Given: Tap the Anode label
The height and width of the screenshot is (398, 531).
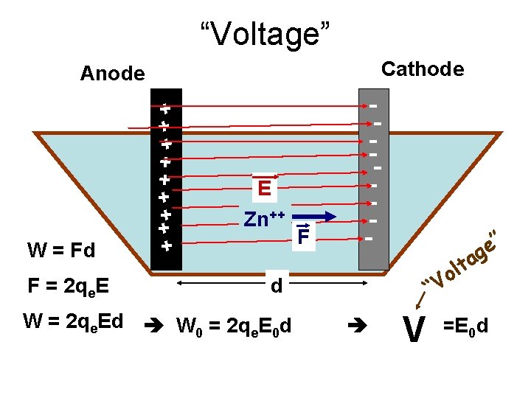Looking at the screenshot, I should pos(112,74).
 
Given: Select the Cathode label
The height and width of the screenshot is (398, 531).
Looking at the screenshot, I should pos(423,69).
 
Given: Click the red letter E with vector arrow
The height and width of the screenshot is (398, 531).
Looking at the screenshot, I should pos(264,189).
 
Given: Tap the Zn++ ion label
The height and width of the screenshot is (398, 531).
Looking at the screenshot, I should pos(264,219).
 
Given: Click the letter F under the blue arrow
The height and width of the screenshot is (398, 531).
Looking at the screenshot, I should pos(301,237).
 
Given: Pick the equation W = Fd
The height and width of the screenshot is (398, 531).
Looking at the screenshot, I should pos(61,251).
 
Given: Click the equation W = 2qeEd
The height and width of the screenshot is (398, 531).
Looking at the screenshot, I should pos(73,321).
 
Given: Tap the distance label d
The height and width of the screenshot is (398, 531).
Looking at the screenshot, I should pos(276,285).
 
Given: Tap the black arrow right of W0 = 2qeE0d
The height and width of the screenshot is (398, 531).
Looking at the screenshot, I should pos(355,323).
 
